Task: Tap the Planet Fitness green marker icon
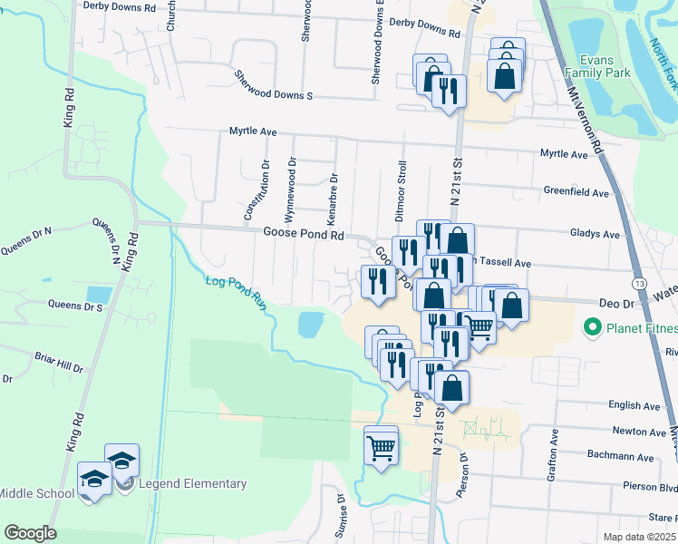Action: pyautogui.click(x=594, y=326)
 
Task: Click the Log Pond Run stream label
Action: pyautogui.click(x=234, y=294)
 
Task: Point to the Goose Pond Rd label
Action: pyautogui.click(x=304, y=234)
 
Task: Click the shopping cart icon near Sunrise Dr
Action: pyautogui.click(x=381, y=446)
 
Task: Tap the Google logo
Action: pyautogui.click(x=30, y=533)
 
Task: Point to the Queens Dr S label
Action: pyautogui.click(x=50, y=306)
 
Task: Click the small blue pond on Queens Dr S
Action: pyautogui.click(x=99, y=295)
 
